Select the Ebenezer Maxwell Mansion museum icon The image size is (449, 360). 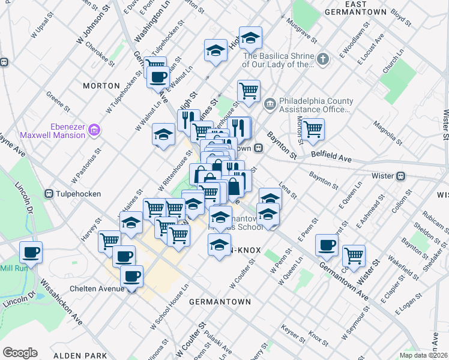click(94, 130)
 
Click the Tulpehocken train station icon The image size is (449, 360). click(50, 194)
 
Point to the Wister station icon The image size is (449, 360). click(401, 176)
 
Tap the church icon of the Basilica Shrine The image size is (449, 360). click(323, 59)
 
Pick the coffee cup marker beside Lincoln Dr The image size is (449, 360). click(30, 252)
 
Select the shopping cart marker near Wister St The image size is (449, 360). click(354, 255)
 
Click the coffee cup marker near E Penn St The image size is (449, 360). click(327, 244)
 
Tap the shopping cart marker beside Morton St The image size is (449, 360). click(313, 129)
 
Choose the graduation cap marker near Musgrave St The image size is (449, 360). click(251, 38)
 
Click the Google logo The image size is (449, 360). click(20, 353)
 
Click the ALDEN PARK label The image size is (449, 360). click(67, 355)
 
